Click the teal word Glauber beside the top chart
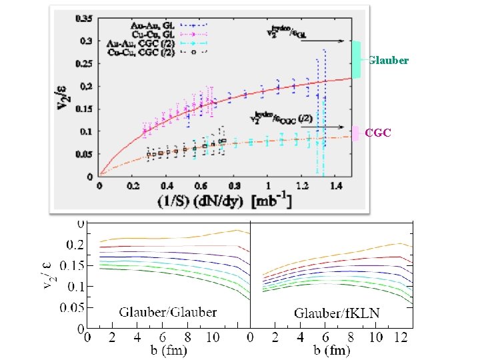coord(388,61)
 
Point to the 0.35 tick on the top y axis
coord(86,18)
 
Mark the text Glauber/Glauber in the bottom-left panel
coord(167,311)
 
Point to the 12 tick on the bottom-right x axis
coord(400,337)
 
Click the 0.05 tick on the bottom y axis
coord(75,308)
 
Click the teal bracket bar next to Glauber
coord(357,60)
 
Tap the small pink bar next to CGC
coord(356,133)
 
